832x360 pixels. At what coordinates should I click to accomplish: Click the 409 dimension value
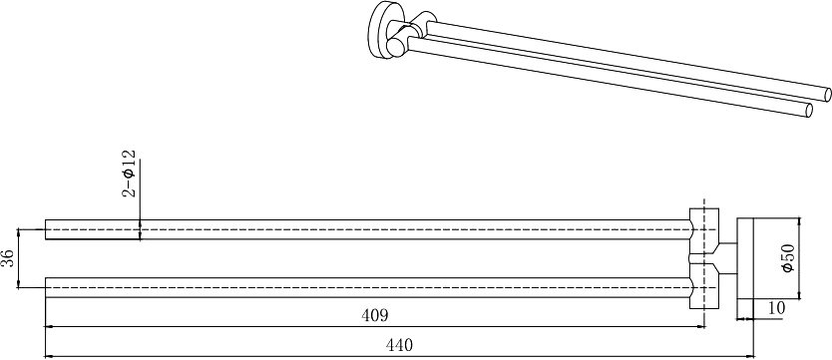[x=375, y=315]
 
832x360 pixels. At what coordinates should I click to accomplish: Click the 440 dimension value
[x=398, y=345]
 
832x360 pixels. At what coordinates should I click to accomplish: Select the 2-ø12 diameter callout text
[x=129, y=174]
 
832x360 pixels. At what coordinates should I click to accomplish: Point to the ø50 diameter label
[x=787, y=258]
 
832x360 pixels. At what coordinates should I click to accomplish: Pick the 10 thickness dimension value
[x=776, y=308]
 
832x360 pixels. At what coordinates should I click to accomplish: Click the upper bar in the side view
[x=369, y=229]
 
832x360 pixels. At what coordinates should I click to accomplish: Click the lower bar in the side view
[x=369, y=287]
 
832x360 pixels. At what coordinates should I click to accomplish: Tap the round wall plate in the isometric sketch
[x=378, y=28]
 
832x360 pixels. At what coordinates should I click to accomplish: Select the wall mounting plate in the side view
[x=745, y=258]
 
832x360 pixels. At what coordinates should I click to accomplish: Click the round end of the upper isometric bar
[x=827, y=95]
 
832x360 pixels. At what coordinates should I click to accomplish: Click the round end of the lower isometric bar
[x=809, y=111]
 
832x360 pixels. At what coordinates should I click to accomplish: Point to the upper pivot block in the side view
[x=704, y=231]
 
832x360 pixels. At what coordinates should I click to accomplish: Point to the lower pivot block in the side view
[x=704, y=285]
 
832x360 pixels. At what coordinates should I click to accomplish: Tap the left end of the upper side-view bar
[x=46, y=229]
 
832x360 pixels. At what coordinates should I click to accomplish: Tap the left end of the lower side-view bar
[x=46, y=287]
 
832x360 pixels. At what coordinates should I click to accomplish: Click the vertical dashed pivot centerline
[x=704, y=263]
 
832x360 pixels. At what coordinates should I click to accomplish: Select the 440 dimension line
[x=400, y=356]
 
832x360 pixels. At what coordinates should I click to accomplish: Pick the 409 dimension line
[x=375, y=327]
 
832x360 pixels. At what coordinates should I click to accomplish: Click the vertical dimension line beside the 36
[x=19, y=258]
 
